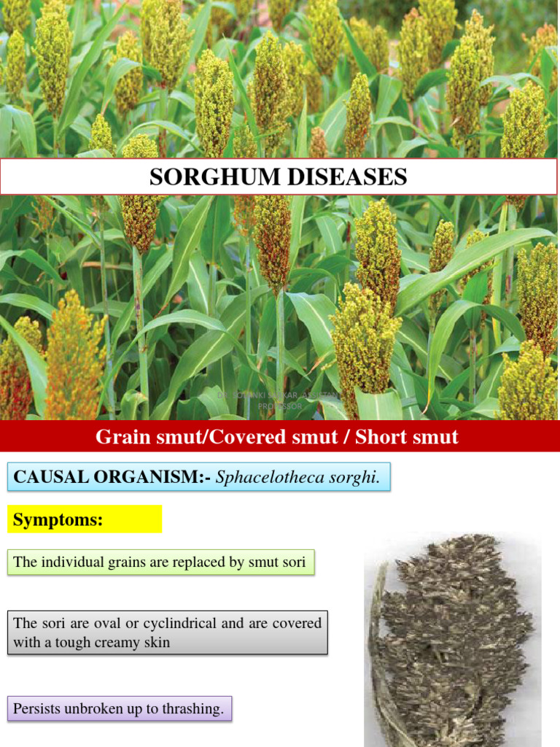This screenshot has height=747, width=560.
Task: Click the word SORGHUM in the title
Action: click(195, 177)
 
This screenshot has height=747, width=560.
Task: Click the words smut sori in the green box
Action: click(281, 562)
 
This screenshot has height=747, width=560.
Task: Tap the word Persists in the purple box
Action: click(35, 708)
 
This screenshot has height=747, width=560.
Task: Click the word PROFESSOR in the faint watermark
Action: click(280, 406)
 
